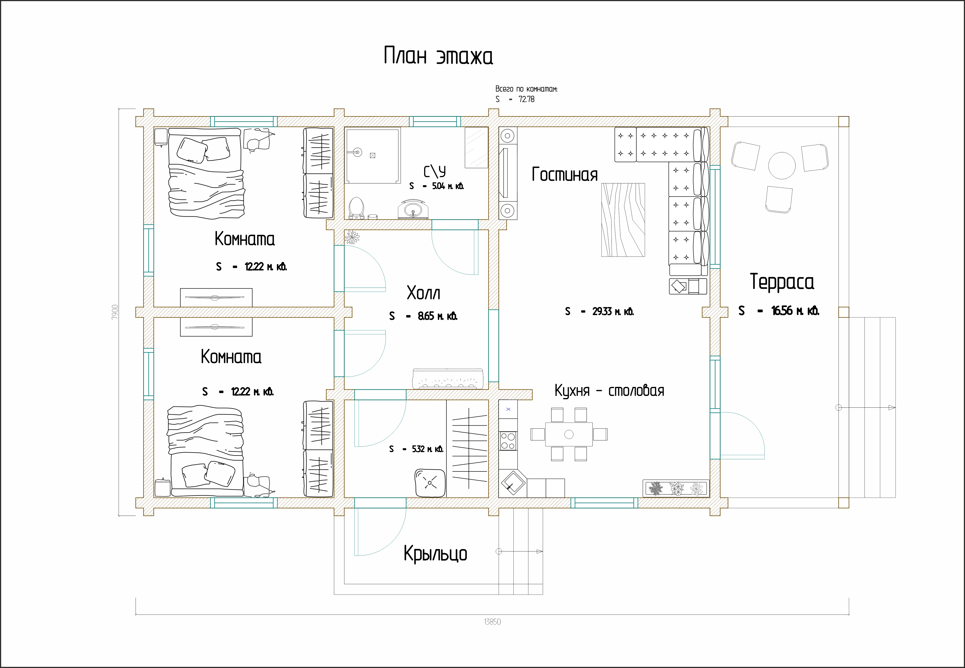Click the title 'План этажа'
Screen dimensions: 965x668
tap(438, 56)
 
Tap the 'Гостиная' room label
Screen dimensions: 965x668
tap(565, 175)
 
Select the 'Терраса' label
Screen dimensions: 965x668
tap(782, 281)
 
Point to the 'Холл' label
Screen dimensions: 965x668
tap(423, 293)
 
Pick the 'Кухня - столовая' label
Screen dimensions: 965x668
tap(609, 390)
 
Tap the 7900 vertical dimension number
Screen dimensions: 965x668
tap(115, 312)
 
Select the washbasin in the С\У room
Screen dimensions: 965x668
tap(413, 210)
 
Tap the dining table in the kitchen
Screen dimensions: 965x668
tap(569, 434)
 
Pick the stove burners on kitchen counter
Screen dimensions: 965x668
tap(508, 441)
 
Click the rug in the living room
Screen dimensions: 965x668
tap(623, 220)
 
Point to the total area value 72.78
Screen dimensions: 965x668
tap(526, 99)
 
